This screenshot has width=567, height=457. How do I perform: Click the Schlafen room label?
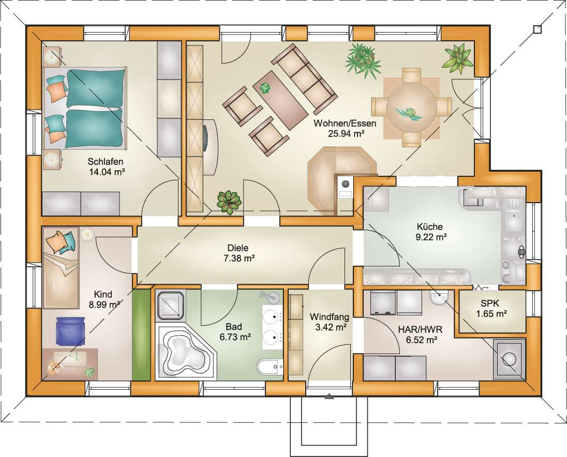pos(106,161)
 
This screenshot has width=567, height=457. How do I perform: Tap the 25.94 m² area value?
pos(346,133)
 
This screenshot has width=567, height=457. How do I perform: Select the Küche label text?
pos(429,227)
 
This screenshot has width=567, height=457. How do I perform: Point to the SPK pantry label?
pos(490,303)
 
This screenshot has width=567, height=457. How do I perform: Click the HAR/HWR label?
pos(420,329)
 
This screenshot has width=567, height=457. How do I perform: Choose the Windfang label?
pos(329,317)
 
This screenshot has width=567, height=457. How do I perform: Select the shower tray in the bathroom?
pos(171,305)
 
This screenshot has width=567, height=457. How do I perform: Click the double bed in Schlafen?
pos(85,108)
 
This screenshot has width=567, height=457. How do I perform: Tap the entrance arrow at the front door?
pos(329,397)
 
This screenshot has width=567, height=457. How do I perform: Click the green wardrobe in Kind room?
pos(141,334)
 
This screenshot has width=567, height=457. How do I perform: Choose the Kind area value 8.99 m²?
pos(105,304)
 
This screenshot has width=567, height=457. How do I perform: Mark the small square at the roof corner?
pos(538,29)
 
